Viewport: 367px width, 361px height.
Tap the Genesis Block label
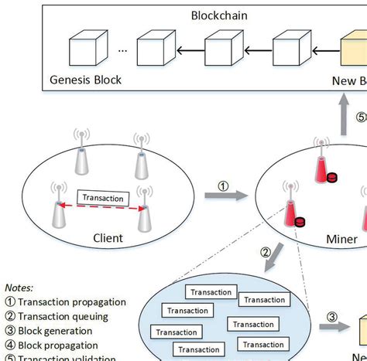[x=85, y=79]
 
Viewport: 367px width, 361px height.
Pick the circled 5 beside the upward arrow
[x=361, y=117]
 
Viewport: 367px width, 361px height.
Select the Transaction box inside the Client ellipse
[x=102, y=198]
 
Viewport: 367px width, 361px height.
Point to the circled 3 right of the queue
[x=331, y=315]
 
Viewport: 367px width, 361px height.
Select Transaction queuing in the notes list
[x=63, y=315]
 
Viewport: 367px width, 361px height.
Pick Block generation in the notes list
[x=58, y=330]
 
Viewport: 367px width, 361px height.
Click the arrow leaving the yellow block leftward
[x=324, y=52]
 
